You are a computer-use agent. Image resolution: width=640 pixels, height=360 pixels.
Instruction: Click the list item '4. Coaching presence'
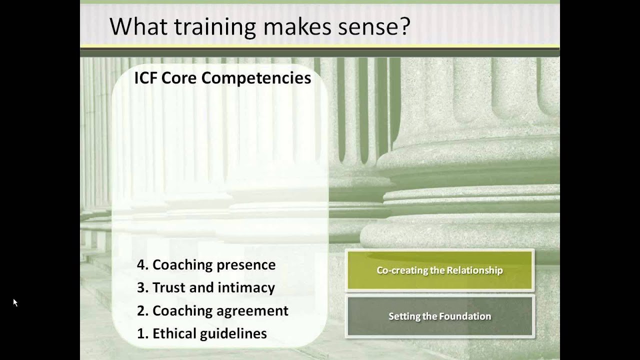click(206, 265)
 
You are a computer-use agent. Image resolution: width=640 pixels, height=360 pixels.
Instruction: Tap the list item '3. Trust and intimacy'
click(205, 287)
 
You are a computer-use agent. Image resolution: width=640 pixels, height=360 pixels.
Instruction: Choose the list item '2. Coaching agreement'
click(212, 310)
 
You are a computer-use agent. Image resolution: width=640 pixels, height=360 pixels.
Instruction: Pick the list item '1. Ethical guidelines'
click(201, 333)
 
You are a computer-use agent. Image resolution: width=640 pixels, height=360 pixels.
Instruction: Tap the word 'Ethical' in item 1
click(175, 333)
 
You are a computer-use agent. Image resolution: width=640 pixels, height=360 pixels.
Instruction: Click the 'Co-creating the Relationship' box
click(439, 270)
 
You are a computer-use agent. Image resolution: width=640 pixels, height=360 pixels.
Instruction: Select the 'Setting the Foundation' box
click(439, 316)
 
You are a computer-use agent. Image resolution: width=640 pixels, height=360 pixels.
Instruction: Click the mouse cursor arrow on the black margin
click(15, 302)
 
